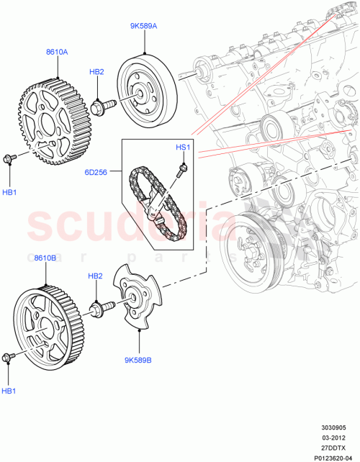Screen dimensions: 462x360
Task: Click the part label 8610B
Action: [45, 257]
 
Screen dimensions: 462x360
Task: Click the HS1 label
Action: [183, 148]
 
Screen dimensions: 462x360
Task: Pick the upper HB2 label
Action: [96, 72]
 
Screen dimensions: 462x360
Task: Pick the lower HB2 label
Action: [96, 276]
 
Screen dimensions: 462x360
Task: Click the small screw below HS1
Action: [182, 169]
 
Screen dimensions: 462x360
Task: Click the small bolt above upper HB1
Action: [9, 158]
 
